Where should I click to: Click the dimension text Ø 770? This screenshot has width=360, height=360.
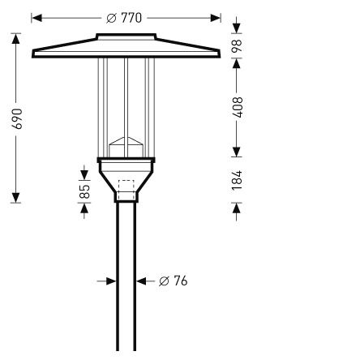124,17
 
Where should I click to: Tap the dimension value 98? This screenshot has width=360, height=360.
237,46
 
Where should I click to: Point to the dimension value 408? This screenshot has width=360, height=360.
237,109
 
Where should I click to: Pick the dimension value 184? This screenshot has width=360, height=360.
237,180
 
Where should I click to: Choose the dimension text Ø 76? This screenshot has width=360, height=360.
173,281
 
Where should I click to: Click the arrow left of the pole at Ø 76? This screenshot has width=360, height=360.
111,281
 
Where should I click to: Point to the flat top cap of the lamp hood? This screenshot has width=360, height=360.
126,36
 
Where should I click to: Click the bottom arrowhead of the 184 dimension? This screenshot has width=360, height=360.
237,208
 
